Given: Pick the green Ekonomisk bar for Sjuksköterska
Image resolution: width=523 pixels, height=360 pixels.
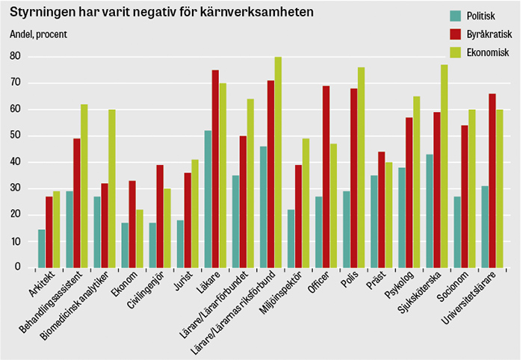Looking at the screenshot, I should pos(444,166).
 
